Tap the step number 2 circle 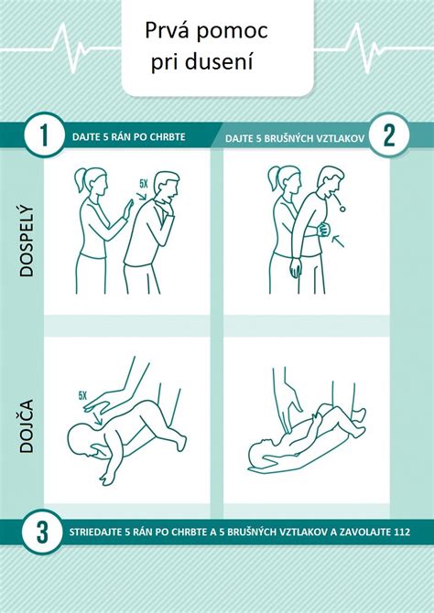point(389,136)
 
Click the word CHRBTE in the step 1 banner point(166,137)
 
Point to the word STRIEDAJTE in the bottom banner point(96,532)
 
